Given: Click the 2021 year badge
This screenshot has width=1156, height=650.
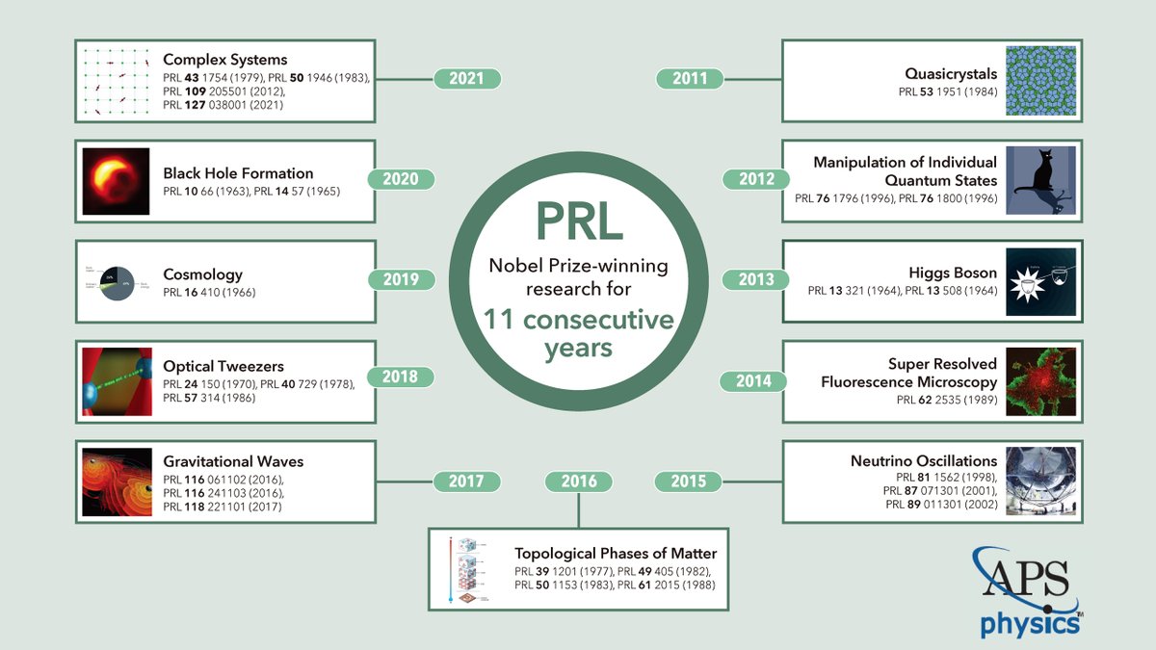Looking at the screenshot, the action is point(466,79).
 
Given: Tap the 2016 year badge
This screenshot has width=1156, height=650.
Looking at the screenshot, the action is point(578,481).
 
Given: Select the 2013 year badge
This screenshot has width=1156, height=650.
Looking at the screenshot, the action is point(756,279).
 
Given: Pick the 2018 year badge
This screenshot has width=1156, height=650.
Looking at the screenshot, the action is point(401,377).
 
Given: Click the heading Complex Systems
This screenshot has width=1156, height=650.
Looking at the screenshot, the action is point(225,60).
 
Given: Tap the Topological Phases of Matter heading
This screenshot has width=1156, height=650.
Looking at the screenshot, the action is point(616,554).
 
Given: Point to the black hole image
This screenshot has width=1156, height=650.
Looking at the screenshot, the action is point(116,181).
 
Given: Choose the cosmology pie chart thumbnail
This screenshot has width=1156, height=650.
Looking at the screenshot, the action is point(116,280).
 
